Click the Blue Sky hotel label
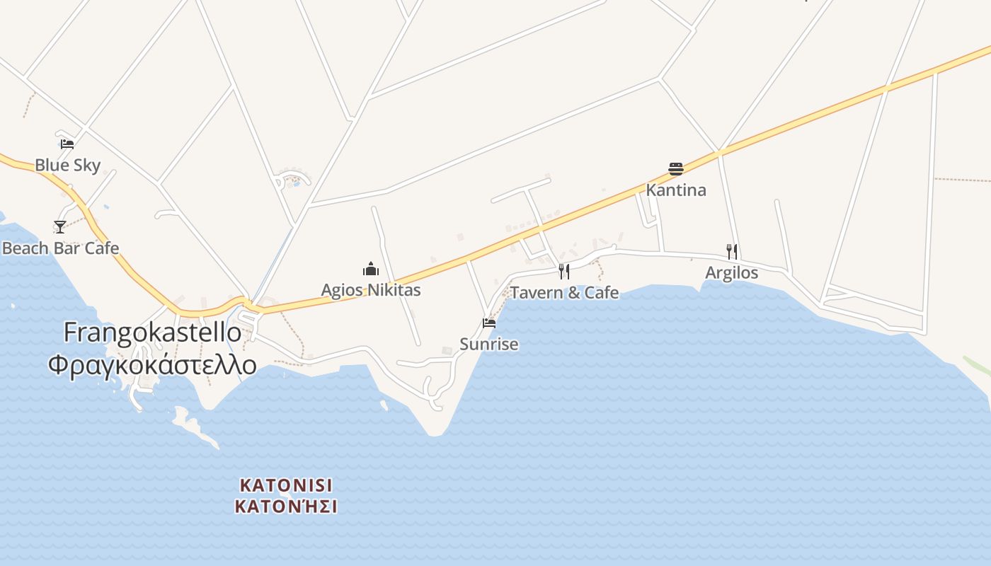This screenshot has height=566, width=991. (68, 166)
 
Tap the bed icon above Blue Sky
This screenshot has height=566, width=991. (67, 144)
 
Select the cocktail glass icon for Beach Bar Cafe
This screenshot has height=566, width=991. (60, 226)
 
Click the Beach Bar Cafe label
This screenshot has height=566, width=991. (60, 248)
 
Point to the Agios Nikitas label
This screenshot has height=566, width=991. (371, 290)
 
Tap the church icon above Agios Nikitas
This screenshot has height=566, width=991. (370, 269)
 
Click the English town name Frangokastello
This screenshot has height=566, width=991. (152, 333)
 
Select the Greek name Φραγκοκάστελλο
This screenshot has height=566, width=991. (152, 364)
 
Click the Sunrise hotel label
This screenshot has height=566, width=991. (489, 345)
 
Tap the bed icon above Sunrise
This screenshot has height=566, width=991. (488, 323)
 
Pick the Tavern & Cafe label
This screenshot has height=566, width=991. (564, 293)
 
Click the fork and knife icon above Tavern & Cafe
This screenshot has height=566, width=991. (564, 271)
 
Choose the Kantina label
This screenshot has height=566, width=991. (676, 190)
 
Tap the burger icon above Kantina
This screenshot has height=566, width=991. (675, 169)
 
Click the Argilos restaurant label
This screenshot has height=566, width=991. (731, 273)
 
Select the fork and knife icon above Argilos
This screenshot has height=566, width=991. (732, 251)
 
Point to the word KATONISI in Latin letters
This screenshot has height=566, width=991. (286, 485)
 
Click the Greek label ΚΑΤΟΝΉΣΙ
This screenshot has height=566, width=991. (286, 507)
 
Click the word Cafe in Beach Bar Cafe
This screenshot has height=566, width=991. (102, 248)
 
